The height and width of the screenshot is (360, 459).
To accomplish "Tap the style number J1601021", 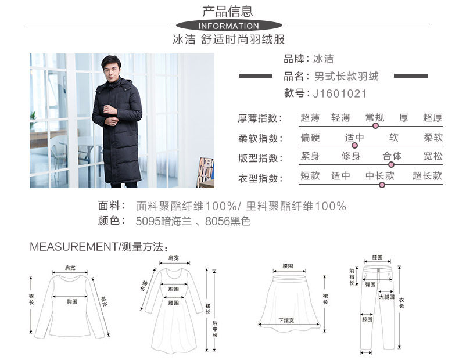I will pos(340,93).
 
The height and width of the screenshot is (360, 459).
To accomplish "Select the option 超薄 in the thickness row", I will pos(310,118).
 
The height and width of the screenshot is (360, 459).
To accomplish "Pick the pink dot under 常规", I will pos(375,125).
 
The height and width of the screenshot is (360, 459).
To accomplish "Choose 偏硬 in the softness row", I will pos(310,138).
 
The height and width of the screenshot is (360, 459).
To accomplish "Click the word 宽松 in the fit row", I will pos(433,156).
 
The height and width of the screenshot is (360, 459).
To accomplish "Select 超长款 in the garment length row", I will pos(427,176).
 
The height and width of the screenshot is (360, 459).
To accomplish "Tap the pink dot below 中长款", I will pos(382,185).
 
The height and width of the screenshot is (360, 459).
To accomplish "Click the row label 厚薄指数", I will pos(260,118).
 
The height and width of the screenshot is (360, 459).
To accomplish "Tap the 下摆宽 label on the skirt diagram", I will pos(286,320).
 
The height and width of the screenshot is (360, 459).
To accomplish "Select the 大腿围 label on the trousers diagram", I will pos(386,297).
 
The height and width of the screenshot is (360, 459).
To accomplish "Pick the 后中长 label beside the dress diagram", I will pos(213,331).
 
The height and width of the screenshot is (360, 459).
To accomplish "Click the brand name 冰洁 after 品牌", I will pos(324,59).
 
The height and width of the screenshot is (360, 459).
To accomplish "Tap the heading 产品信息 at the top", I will pos(228,10).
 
